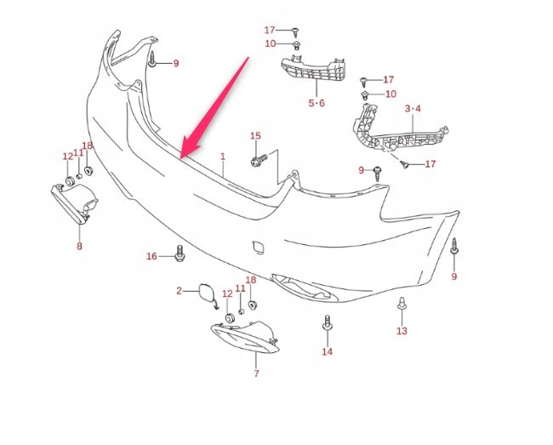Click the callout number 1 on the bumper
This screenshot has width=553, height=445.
[x=223, y=157]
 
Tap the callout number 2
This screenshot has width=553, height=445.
[x=180, y=291]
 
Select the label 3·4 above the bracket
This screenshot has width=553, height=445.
[x=413, y=108]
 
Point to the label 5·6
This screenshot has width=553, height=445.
[x=316, y=103]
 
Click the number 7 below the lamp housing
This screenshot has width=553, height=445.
[x=256, y=373]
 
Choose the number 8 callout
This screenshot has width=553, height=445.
[x=79, y=246]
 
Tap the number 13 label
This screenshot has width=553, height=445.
[x=402, y=331]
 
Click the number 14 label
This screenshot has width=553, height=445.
[x=327, y=351]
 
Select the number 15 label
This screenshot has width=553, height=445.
[x=256, y=136]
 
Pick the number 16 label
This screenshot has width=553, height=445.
[x=151, y=256]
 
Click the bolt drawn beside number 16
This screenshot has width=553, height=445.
[x=180, y=254]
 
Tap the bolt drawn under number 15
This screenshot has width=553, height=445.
[x=259, y=160]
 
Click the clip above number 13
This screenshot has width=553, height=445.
[x=402, y=304]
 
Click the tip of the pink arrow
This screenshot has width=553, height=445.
[x=180, y=158]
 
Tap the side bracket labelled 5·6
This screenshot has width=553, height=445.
[x=313, y=69]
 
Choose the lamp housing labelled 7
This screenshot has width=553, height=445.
[x=246, y=337]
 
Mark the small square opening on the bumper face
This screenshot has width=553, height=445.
[x=258, y=248]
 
